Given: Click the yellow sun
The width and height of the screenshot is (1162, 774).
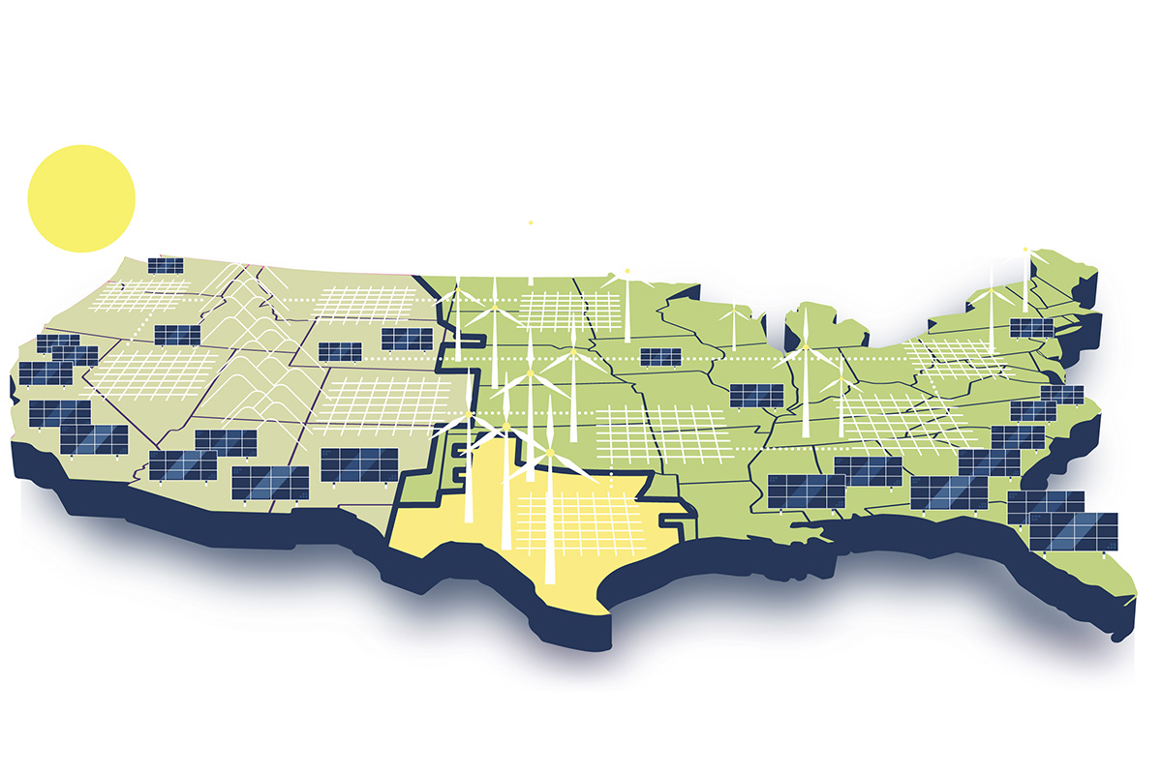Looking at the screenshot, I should (81, 198).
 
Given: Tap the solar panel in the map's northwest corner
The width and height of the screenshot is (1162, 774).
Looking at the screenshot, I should (166, 264).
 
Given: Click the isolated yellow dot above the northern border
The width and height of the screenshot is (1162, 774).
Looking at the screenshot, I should (531, 223).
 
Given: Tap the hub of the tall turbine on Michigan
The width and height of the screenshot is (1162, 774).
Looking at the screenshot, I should (804, 346).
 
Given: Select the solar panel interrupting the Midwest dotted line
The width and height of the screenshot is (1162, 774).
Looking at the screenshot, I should (661, 357).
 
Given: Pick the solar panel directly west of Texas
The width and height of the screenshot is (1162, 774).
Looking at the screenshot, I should (358, 464).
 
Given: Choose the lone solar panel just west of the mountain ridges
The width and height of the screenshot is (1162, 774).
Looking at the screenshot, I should (177, 335).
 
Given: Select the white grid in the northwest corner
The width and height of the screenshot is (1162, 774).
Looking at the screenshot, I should (145, 296).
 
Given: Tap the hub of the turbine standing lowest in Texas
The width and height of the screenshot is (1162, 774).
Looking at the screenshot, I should (549, 453).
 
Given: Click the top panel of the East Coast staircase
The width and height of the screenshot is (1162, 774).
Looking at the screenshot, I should (1061, 394).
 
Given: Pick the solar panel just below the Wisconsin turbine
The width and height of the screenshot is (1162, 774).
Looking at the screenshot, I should (756, 395).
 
